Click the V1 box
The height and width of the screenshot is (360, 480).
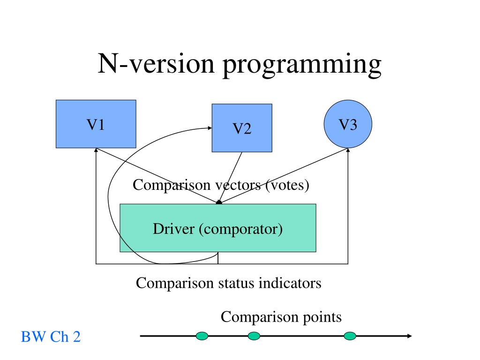click(x=96, y=124)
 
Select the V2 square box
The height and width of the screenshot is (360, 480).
click(x=242, y=128)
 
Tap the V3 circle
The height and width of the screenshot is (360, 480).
click(x=348, y=124)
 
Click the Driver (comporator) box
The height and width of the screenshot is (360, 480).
click(x=217, y=228)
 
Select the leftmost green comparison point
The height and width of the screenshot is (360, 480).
click(x=202, y=336)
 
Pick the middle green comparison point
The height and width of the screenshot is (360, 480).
click(x=254, y=336)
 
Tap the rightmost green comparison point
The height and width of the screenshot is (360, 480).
click(x=350, y=336)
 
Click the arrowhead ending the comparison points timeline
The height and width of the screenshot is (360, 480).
click(x=410, y=336)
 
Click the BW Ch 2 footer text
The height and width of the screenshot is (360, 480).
click(x=51, y=337)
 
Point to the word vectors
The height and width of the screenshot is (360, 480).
click(x=238, y=185)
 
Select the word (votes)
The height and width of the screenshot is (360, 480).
click(x=287, y=185)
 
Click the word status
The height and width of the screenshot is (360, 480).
click(x=236, y=283)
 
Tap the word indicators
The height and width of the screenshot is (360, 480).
click(x=290, y=283)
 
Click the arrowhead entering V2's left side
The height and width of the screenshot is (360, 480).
click(x=210, y=128)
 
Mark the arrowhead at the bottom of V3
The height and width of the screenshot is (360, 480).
click(x=348, y=150)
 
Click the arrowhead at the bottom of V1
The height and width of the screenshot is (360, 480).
click(x=96, y=150)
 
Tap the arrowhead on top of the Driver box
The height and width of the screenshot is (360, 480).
click(x=218, y=202)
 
